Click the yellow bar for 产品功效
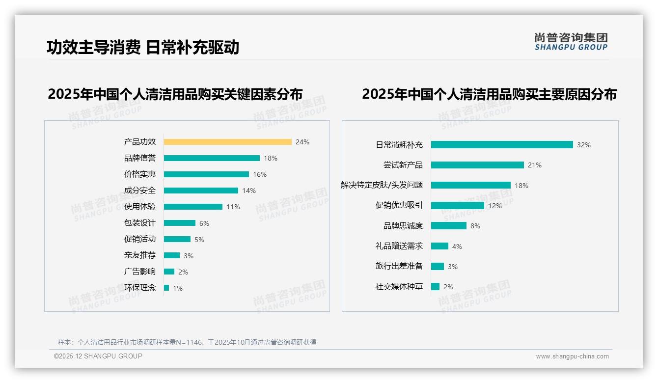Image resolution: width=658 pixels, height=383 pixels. click(228, 142)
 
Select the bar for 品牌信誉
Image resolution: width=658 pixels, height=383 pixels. click(212, 158)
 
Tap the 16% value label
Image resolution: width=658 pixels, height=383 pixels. click(260, 174)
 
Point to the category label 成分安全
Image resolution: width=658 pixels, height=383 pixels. click(140, 191)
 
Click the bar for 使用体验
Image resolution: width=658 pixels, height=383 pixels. click(193, 207)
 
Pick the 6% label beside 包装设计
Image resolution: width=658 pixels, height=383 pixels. click(204, 223)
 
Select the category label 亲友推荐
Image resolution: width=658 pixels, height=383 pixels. click(140, 255)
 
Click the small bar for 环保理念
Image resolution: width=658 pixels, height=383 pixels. click(166, 288)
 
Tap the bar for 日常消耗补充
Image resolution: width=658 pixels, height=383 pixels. click(502, 145)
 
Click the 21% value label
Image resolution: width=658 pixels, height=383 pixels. click(535, 165)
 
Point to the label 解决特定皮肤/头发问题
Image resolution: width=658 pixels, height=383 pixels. click(383, 185)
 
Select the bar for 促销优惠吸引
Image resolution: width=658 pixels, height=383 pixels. click(458, 206)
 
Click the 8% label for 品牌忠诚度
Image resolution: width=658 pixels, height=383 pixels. click(475, 226)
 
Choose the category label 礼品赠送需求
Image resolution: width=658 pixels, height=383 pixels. click(399, 246)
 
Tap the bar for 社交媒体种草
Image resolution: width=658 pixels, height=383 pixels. click(435, 287)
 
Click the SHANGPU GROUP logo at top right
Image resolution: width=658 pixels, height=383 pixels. click(571, 42)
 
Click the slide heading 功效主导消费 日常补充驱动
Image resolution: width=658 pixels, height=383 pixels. click(143, 48)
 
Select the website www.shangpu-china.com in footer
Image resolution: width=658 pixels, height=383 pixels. click(572, 356)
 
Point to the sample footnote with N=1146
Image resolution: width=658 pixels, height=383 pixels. click(187, 342)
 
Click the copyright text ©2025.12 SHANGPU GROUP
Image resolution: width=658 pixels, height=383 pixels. click(98, 356)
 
